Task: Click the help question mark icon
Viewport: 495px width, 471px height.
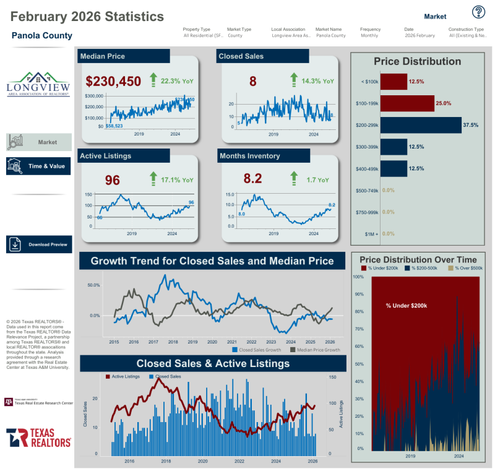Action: click(x=478, y=12)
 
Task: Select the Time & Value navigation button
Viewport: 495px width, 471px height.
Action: click(x=39, y=166)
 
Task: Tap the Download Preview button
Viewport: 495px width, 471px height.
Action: click(x=39, y=244)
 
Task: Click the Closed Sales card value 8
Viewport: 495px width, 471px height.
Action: click(x=252, y=81)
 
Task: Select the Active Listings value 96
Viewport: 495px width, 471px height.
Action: click(x=112, y=180)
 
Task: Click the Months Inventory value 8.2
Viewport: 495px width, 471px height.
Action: click(x=252, y=179)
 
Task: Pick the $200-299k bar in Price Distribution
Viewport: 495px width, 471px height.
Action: click(x=421, y=125)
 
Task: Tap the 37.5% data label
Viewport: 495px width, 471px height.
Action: click(x=471, y=125)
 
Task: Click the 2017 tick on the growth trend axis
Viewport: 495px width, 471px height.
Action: click(x=153, y=342)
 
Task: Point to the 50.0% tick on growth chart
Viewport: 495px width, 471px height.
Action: click(x=95, y=285)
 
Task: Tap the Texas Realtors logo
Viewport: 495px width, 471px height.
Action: click(x=38, y=437)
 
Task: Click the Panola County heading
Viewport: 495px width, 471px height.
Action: click(x=41, y=36)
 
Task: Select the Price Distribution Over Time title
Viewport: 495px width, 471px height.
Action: click(x=418, y=259)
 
